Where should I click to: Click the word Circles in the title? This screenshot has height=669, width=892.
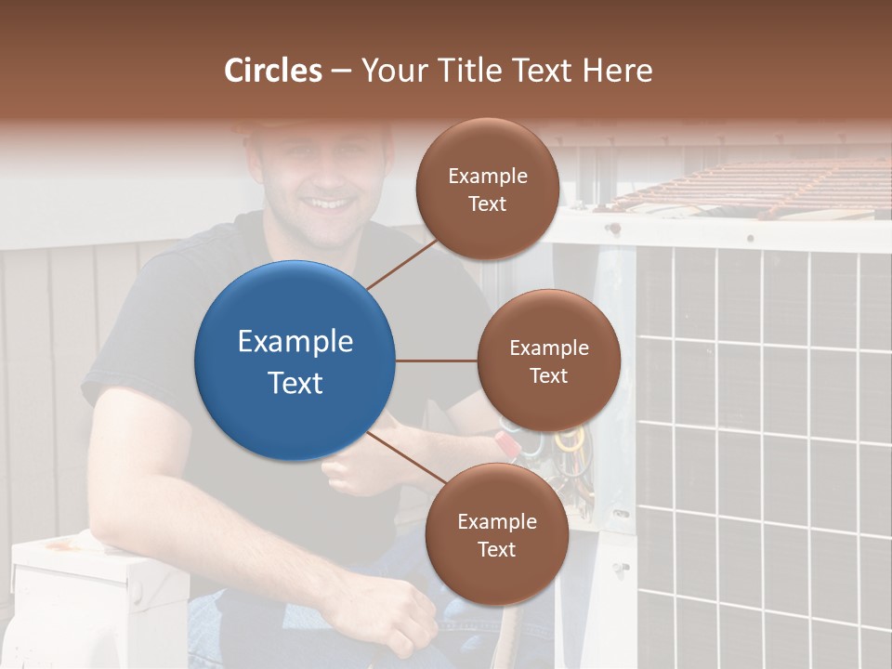click(273, 71)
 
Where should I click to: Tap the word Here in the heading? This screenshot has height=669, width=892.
click(617, 71)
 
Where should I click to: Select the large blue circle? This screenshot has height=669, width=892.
click(295, 361)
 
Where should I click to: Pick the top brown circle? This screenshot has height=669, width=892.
click(487, 189)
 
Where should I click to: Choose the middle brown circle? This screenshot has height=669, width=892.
click(548, 361)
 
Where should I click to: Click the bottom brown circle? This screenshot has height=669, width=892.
click(496, 534)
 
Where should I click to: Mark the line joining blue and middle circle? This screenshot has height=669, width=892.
click(437, 361)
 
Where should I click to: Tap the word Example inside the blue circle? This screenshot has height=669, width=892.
click(295, 342)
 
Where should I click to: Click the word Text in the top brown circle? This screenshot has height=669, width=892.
click(487, 203)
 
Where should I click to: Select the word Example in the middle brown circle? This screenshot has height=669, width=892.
click(548, 348)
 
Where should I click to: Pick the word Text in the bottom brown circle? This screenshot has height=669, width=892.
click(496, 549)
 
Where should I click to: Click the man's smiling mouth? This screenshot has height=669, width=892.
click(332, 203)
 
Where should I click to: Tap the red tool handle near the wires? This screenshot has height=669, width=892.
click(508, 440)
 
